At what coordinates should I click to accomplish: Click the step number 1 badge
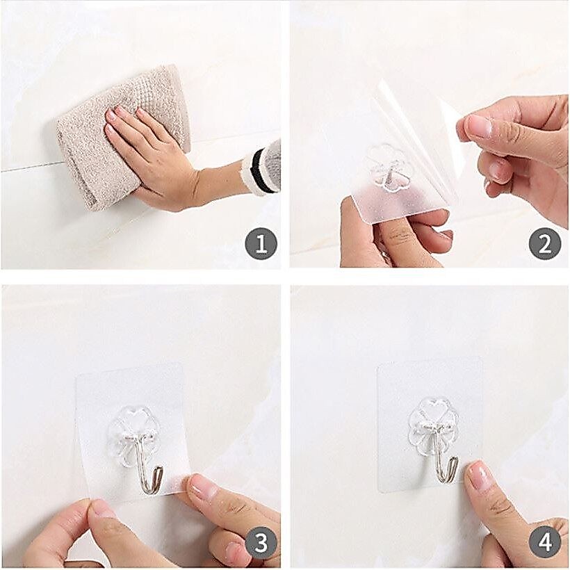point(261,244)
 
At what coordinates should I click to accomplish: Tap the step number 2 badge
point(544,244)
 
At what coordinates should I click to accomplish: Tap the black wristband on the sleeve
point(261,171)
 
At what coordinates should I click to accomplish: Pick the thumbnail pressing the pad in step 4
point(479,475)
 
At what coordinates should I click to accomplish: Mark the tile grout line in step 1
point(29,168)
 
